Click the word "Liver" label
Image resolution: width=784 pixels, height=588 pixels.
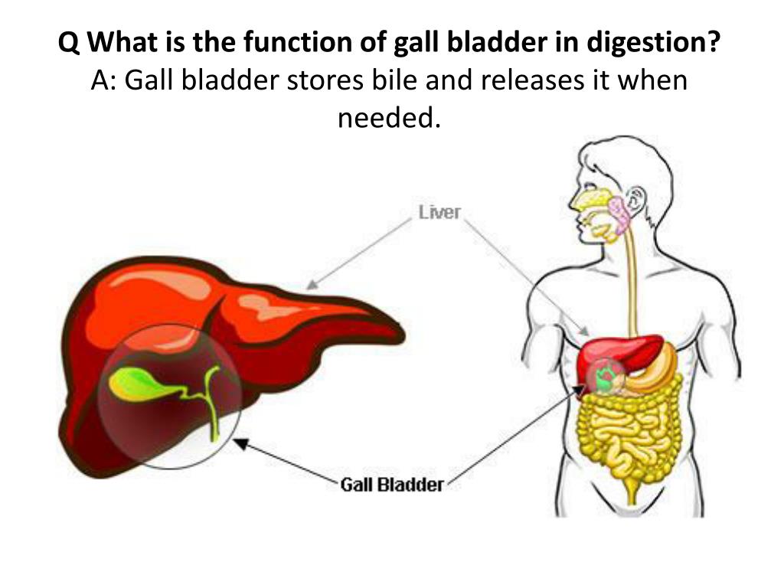439,212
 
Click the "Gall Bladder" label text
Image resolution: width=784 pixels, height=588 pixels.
391,484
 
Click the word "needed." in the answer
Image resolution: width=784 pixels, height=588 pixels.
390,116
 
